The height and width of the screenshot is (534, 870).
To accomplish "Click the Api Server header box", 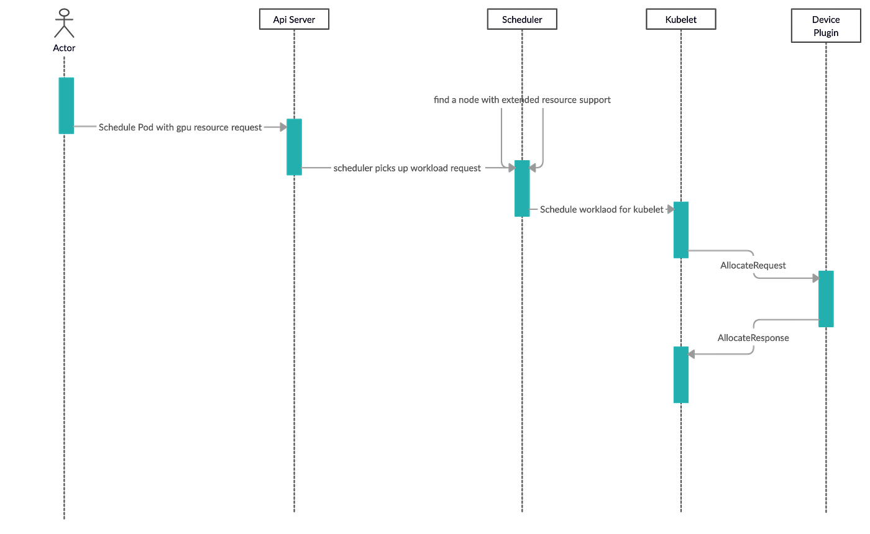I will (294, 19).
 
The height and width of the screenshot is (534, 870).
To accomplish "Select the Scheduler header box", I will (522, 19).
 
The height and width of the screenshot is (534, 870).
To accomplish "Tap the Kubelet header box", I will (680, 19).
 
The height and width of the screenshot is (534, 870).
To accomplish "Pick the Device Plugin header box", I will (826, 26).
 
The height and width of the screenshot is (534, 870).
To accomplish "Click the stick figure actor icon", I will (64, 24).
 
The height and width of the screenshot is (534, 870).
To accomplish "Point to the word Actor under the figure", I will (64, 48).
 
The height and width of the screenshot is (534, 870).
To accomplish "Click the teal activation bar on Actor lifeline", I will (66, 105).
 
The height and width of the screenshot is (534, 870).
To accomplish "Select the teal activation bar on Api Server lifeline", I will (294, 147).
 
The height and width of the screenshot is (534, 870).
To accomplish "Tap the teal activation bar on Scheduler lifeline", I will (522, 189).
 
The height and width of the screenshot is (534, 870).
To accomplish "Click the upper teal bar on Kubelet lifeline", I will (680, 229).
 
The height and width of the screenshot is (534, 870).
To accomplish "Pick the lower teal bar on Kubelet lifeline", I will (680, 374).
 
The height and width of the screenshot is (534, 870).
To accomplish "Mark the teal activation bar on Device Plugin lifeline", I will (826, 299).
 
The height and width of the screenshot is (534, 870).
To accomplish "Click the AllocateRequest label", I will (753, 265).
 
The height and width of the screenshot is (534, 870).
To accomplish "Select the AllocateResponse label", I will (753, 338).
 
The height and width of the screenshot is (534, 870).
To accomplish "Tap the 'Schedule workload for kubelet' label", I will (602, 210).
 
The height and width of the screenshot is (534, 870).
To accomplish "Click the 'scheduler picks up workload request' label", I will (408, 168).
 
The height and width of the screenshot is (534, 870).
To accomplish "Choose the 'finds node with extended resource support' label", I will (522, 100).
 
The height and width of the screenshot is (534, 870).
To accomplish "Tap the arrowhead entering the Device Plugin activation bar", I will (813, 279).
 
